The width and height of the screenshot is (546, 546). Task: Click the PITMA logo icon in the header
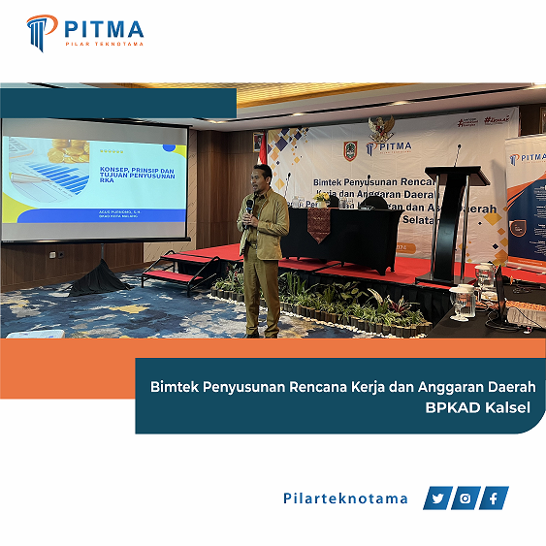pos(42,32)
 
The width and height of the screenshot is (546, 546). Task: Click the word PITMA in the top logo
pos(104,27)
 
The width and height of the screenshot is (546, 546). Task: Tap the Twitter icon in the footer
pos(438,498)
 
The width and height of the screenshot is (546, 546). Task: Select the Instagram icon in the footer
pos(466,498)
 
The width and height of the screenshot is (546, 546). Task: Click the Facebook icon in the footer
pos(495,498)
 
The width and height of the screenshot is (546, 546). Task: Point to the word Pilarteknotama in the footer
pos(345,498)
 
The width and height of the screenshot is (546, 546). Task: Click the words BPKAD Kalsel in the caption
pos(478,407)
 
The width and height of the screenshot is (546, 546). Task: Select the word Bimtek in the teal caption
pos(179,386)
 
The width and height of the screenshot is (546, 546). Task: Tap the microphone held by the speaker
pos(249,207)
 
